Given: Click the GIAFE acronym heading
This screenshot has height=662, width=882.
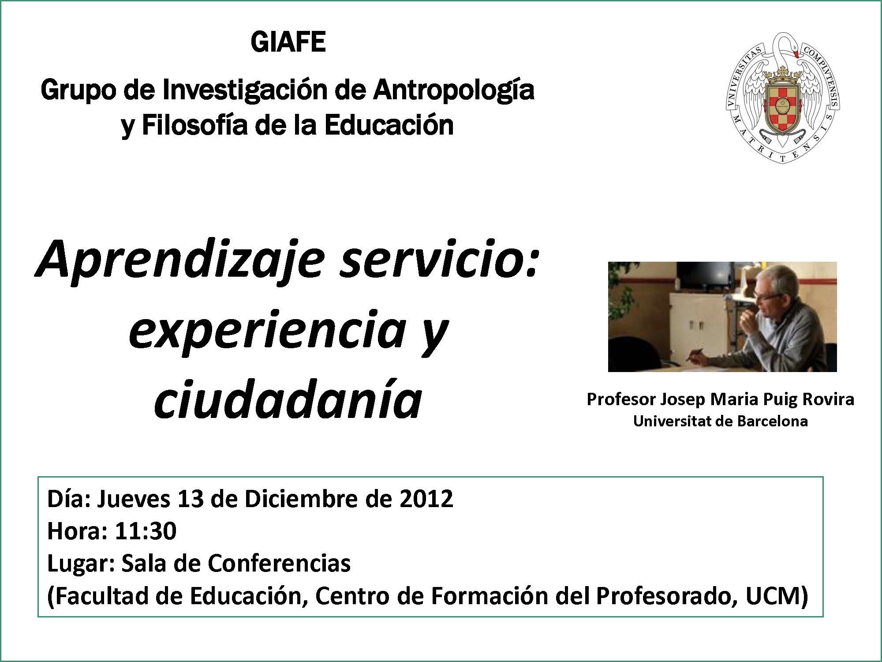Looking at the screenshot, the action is (288, 42).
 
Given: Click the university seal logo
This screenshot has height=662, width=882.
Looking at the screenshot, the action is (782, 98).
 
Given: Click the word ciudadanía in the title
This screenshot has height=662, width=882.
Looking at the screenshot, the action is (288, 399).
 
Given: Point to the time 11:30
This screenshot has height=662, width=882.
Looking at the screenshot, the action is (146, 531).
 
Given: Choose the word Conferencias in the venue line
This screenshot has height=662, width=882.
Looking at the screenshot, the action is (279, 564).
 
